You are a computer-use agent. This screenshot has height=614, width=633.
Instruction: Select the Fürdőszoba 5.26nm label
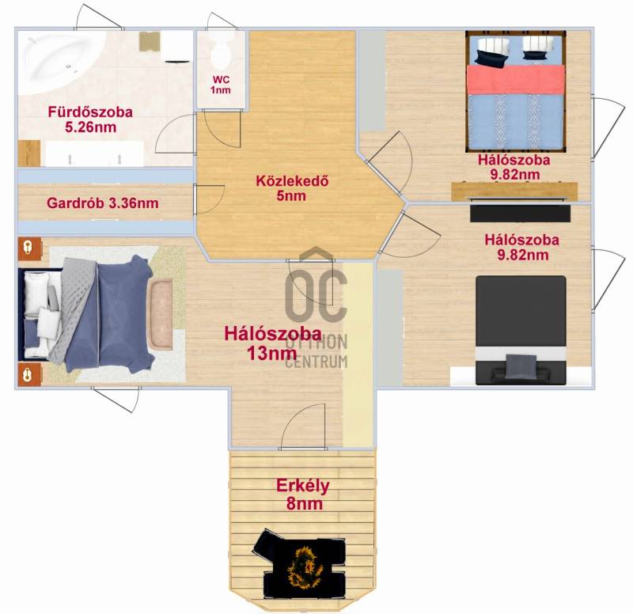90,119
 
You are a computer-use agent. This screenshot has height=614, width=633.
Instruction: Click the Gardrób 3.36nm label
103,203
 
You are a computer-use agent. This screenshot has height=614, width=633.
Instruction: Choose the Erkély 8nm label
303,495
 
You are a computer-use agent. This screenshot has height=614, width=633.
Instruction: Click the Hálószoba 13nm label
273,343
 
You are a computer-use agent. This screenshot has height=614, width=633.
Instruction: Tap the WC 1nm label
221,85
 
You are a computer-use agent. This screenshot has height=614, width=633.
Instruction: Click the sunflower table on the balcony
304,563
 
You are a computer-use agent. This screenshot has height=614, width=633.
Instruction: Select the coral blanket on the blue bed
516,80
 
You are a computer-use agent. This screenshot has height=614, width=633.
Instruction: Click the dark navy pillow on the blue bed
491,59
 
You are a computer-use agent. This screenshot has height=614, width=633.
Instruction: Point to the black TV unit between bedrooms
521,214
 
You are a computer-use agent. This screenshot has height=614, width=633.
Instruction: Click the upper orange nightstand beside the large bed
30,248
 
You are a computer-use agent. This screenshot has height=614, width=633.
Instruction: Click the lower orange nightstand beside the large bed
30,374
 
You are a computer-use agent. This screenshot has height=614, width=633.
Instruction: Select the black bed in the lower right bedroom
521,330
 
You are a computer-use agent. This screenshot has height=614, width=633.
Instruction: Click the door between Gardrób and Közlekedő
208,199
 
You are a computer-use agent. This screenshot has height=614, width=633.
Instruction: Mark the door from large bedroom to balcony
302,426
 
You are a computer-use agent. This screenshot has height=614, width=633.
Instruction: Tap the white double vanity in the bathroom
94,153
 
